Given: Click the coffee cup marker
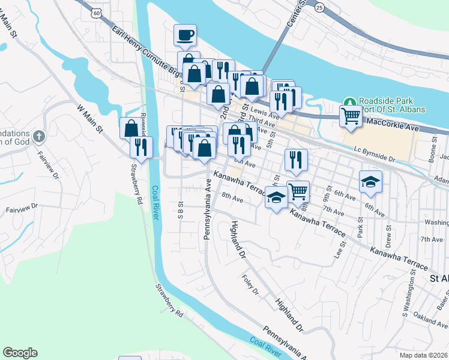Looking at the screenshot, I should click(185, 34).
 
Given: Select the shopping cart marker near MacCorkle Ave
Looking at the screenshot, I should click(351, 115).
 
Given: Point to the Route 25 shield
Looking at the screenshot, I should click(320, 7).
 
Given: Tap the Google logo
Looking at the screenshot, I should click(20, 353).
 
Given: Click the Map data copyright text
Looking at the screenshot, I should click(424, 355).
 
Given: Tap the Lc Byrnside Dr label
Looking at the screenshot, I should click(374, 155).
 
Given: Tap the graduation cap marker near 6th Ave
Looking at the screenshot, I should click(371, 181).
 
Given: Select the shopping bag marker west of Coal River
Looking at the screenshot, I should click(131, 127).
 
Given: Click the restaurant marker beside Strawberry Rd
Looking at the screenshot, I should click(142, 146).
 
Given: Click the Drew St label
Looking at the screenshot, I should click(388, 232).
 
